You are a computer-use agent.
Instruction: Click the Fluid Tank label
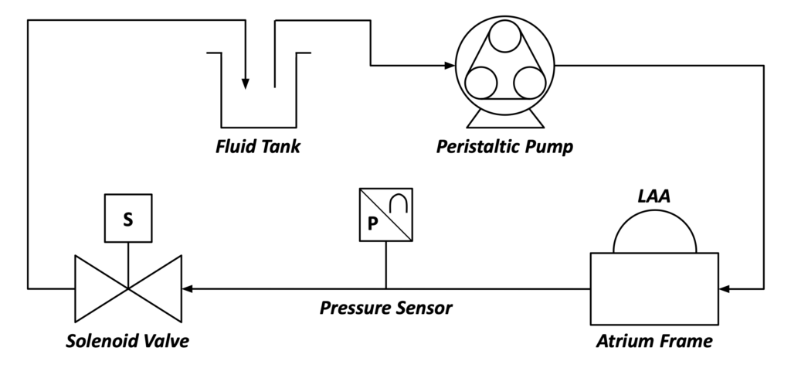click(258, 146)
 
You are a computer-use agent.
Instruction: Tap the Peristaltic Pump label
click(504, 147)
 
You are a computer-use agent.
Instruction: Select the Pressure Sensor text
click(386, 308)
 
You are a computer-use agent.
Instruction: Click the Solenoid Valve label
click(127, 341)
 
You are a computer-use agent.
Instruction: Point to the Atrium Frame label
click(654, 341)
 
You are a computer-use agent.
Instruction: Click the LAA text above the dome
click(654, 196)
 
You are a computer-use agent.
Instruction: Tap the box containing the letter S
click(128, 218)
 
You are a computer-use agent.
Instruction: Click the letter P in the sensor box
click(372, 223)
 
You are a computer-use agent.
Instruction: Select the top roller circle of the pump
click(504, 36)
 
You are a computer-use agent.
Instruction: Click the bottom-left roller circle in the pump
click(480, 83)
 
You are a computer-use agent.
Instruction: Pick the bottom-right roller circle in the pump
click(530, 83)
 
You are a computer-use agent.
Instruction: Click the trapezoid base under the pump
click(505, 118)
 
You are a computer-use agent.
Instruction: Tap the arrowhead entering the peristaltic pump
click(450, 65)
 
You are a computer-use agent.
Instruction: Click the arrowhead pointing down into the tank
click(245, 83)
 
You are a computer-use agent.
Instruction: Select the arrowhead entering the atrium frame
click(725, 288)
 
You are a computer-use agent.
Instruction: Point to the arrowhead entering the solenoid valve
click(188, 288)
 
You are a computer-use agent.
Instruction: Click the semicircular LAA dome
click(655, 211)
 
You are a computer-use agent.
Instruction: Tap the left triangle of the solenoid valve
click(101, 288)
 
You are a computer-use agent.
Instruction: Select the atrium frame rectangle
click(654, 288)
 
